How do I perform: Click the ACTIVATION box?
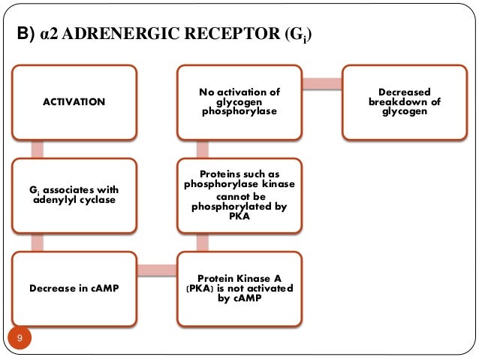point(74,101)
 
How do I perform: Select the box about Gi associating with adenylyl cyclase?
point(74,195)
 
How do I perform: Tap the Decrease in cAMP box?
point(74,287)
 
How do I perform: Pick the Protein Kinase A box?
point(239,287)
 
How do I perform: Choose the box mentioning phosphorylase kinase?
point(239,195)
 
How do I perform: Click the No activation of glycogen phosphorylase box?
point(239,101)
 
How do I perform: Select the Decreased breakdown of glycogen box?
point(405,101)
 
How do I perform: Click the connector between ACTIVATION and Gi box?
point(37,148)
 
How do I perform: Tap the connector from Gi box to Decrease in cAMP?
point(37,241)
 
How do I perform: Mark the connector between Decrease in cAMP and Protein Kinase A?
point(156,270)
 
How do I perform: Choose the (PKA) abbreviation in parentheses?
point(197,288)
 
